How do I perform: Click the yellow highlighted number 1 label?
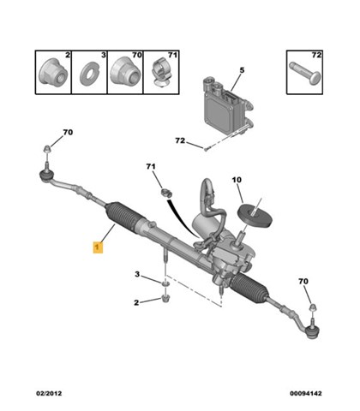coord(98,247)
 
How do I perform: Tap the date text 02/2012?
coord(49,393)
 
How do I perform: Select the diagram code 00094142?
coord(306,393)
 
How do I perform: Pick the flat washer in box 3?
coord(88,74)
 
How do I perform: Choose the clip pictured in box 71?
coord(161,74)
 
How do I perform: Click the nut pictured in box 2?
coord(53,72)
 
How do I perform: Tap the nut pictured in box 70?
coord(125,71)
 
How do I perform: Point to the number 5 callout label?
coord(242,70)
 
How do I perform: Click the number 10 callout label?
coord(237,180)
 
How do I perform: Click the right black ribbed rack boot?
coord(249,288)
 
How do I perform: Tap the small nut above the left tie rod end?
coord(46,149)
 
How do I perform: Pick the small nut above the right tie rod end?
coord(313,307)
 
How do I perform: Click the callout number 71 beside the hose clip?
coord(151,166)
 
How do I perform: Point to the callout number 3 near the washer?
coord(137,274)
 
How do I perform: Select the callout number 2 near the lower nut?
coord(136,302)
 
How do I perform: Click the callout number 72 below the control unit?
coord(180,140)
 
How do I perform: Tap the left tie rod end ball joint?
coord(45,175)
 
